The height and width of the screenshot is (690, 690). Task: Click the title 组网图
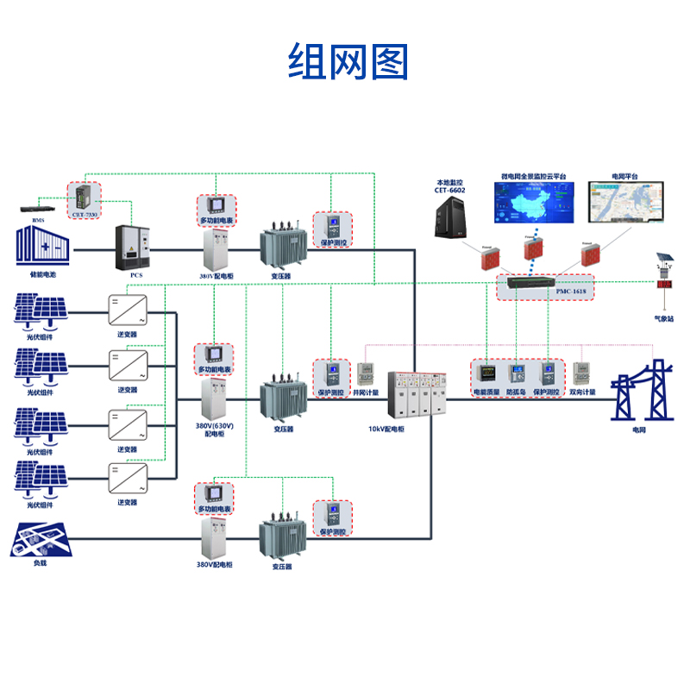[x=348, y=62]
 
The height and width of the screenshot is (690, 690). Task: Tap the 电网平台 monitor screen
[x=625, y=205]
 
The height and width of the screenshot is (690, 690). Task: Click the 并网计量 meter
[x=366, y=374]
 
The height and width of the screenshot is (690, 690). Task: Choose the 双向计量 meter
[x=581, y=374]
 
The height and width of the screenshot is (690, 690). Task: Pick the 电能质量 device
[x=486, y=374]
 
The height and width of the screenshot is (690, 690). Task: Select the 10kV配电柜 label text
[x=385, y=428]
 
